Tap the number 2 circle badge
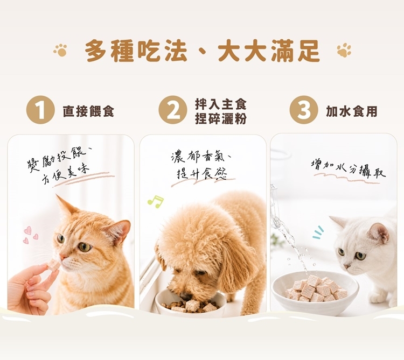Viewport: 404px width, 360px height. tap(172, 110)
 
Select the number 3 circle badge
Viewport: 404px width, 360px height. tap(304, 110)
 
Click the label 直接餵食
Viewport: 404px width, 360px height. tap(88, 112)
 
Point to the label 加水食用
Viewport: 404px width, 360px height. tap(352, 111)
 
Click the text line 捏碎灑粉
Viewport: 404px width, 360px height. tap(220, 118)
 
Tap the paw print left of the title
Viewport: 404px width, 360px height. tap(60, 50)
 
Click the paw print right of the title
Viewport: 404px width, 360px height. tap(344, 50)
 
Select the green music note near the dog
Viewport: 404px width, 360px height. tap(155, 201)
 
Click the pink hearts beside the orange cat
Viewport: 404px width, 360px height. tap(30, 235)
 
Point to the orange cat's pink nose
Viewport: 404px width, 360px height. tap(62, 256)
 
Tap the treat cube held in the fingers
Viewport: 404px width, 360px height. tap(53, 265)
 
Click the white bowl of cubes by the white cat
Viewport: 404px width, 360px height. tap(315, 290)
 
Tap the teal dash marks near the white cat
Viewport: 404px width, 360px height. tap(317, 232)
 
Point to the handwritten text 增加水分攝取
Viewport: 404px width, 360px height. tap(349, 168)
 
